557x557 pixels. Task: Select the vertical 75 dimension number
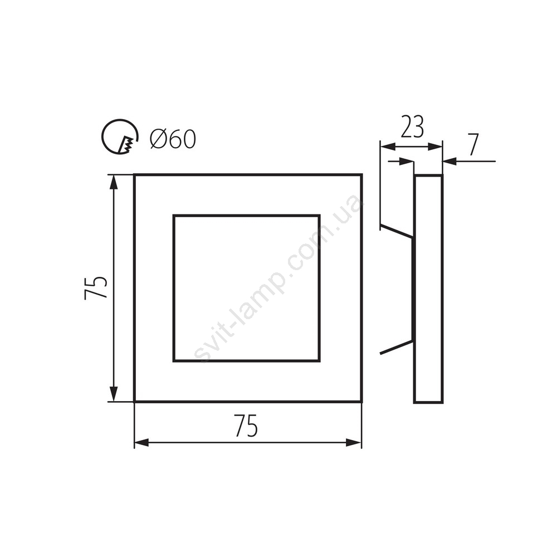(95, 287)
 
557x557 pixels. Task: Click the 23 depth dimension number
(412, 127)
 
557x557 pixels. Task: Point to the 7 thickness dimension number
(473, 145)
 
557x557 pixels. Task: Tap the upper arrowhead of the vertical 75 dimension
(113, 183)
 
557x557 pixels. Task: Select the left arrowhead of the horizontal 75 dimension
(141, 443)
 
